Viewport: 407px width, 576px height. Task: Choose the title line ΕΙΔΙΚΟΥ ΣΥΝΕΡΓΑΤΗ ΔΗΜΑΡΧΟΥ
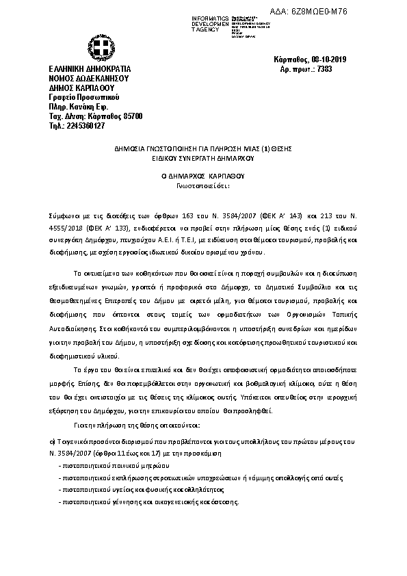pos(202,157)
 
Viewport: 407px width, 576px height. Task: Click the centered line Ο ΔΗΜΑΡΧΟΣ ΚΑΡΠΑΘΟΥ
pos(202,175)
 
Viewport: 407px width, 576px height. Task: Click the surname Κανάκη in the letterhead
pos(87,107)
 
